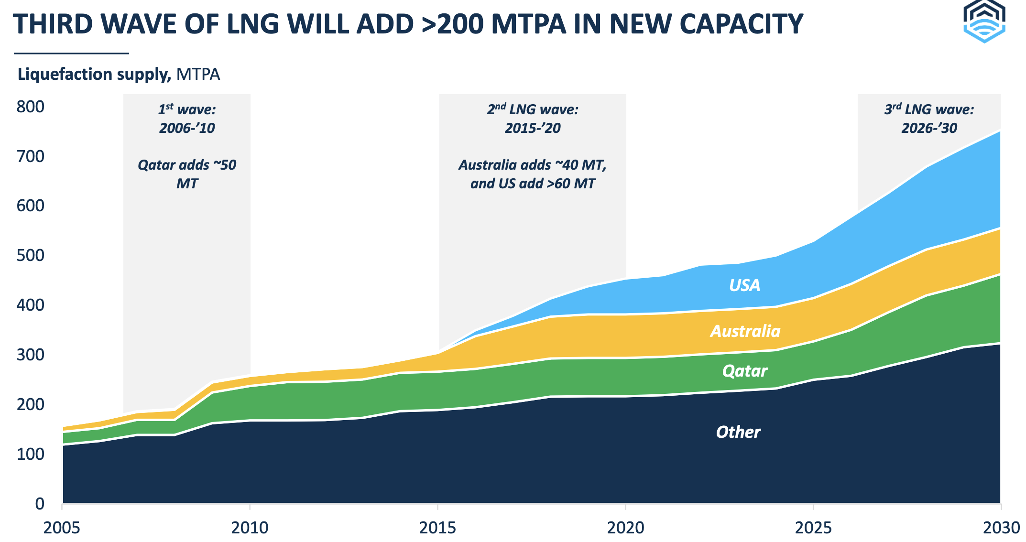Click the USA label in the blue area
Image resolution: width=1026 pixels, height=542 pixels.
tap(744, 285)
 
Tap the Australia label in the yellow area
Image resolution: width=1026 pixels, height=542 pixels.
tap(745, 331)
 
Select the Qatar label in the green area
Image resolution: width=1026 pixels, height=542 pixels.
tap(744, 371)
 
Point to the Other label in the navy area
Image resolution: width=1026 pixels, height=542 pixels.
tap(738, 432)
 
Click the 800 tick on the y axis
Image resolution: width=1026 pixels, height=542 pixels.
tap(30, 107)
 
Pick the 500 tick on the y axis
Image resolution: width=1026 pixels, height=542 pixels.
tap(30, 255)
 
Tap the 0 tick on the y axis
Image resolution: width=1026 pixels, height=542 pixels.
tap(40, 504)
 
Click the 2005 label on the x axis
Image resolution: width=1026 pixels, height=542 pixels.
tap(62, 528)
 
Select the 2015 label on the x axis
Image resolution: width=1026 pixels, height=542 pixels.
tap(437, 528)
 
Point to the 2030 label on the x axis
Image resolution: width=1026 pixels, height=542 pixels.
tap(1001, 528)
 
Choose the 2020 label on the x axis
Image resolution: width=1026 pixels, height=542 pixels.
tap(625, 528)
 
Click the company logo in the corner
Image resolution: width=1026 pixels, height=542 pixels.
tap(984, 22)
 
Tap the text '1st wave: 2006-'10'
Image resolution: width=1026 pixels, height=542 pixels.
tap(187, 119)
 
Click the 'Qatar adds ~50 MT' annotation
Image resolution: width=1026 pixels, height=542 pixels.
tap(187, 174)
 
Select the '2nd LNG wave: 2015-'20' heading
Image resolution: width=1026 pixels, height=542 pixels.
tap(533, 119)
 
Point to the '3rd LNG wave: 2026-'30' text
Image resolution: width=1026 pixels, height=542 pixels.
tap(929, 119)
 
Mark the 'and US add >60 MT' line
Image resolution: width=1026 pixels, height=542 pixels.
tap(533, 184)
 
